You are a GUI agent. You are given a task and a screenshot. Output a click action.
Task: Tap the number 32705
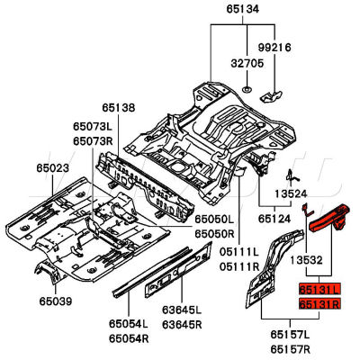[247, 65]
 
